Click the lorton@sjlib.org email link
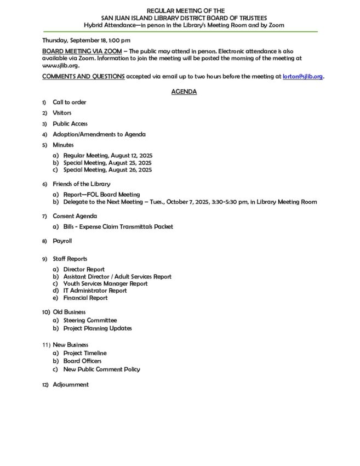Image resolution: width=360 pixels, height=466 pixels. [x=302, y=77]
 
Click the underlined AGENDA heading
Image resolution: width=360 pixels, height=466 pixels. [x=184, y=92]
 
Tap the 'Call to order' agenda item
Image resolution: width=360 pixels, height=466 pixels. [x=70, y=102]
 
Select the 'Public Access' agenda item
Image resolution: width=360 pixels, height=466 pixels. [x=70, y=124]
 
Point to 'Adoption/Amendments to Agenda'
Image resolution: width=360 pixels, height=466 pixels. [x=99, y=134]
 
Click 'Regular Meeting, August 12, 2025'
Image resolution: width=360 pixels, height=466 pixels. [x=107, y=156]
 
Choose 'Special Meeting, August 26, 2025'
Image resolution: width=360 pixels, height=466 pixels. [x=107, y=170]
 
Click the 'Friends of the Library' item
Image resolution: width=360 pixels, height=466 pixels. [x=82, y=184]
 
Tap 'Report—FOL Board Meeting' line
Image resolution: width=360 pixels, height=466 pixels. [x=101, y=195]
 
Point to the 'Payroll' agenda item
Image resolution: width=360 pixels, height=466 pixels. [x=62, y=241]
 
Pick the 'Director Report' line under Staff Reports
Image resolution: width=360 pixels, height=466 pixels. [x=84, y=270]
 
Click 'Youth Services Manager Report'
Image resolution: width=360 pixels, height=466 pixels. [x=105, y=284]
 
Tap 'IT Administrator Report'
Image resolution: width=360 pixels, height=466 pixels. [x=95, y=291]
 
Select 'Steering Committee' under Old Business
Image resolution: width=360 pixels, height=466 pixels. [x=90, y=320]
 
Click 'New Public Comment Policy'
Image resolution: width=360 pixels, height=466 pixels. [x=101, y=369]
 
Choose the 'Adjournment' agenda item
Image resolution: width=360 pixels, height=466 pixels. [x=71, y=385]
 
